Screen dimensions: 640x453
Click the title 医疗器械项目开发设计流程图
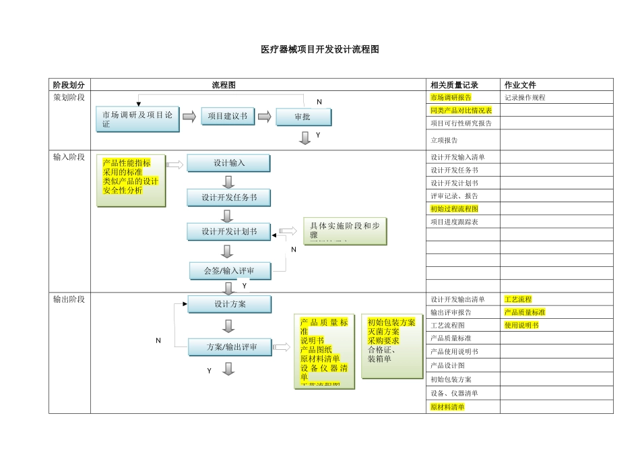(x=320, y=50)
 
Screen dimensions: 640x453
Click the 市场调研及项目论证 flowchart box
(x=137, y=119)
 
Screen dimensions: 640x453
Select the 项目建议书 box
(x=227, y=117)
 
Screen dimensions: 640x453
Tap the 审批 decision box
(x=303, y=117)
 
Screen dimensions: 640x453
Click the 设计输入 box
(x=228, y=163)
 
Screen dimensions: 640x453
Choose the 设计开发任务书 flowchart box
(x=228, y=198)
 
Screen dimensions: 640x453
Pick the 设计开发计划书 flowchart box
(x=228, y=232)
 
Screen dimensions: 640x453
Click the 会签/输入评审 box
(x=230, y=271)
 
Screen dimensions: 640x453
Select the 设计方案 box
(x=230, y=305)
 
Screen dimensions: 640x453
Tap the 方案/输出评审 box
(x=230, y=348)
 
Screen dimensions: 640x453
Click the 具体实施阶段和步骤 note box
(x=345, y=231)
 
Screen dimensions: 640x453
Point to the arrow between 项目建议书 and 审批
(x=264, y=117)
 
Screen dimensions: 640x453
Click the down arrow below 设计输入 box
(x=228, y=181)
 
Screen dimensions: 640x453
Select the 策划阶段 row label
(x=69, y=98)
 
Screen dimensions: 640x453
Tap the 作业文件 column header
(x=521, y=85)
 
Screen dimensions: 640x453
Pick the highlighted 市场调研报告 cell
(x=451, y=98)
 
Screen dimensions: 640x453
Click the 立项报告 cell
(x=444, y=140)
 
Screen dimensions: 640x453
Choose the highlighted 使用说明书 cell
(x=521, y=325)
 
